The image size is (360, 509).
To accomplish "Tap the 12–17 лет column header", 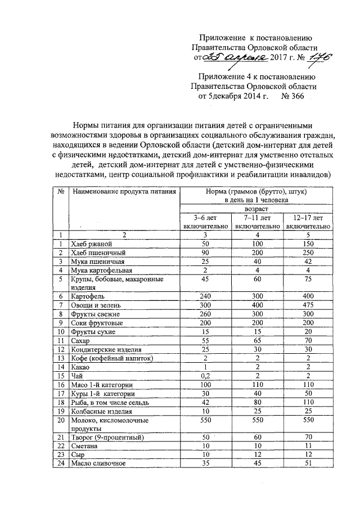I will coord(308,221).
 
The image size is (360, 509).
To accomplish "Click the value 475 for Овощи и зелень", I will coord(308,304).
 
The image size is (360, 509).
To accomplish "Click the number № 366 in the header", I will coord(292,96).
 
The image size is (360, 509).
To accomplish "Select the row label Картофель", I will coord(87,295).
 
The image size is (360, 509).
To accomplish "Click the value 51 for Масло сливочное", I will coord(308,463).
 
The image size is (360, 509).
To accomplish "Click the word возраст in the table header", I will coord(256,208).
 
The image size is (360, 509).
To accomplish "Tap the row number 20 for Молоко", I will coord(60,421).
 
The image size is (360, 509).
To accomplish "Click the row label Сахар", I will coord(81,340).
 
